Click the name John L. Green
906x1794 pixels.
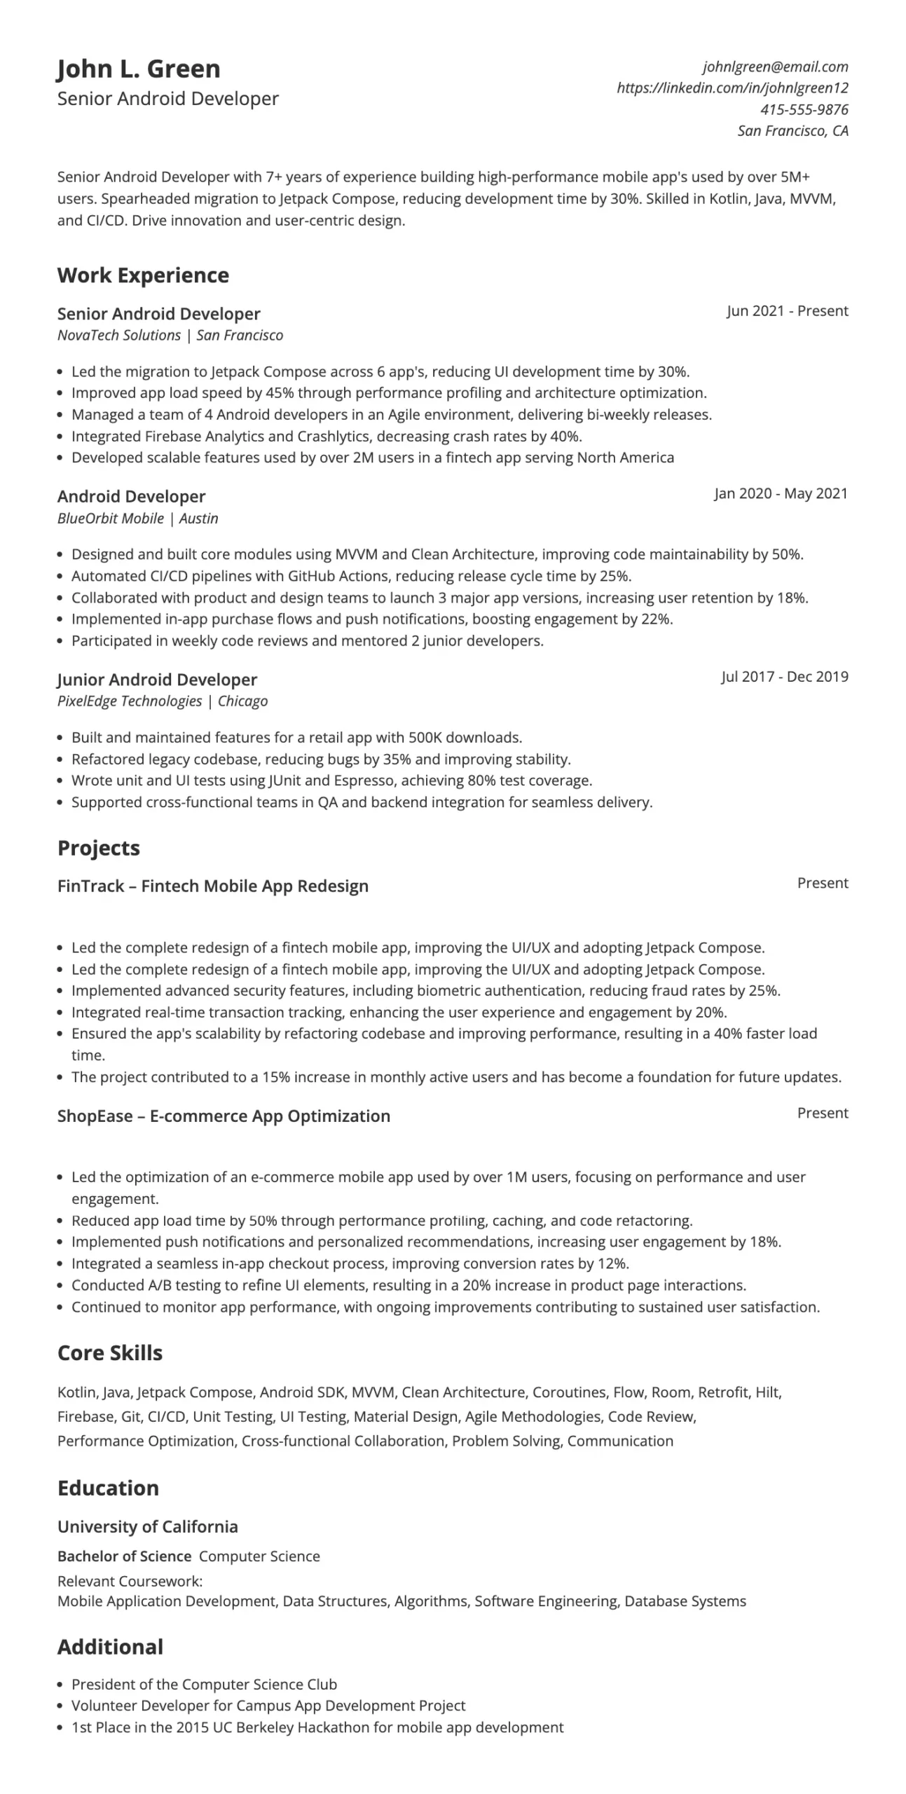[x=139, y=69]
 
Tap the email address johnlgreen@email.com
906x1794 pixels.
[x=775, y=67]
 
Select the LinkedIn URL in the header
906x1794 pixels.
[x=732, y=88]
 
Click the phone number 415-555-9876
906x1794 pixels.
[x=804, y=109]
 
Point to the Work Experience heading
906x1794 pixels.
[x=143, y=275]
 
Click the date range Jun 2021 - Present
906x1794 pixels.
[x=787, y=311]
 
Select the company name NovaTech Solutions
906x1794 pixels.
[x=119, y=336]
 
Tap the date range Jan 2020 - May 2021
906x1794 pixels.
[x=781, y=494]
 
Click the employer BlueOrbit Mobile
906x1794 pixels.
[x=111, y=519]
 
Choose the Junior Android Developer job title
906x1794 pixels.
[x=157, y=680]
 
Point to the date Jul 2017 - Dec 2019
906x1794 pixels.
[x=784, y=677]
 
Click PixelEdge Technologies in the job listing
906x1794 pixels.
[x=130, y=701]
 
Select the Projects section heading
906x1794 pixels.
[x=99, y=848]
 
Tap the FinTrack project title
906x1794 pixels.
[x=212, y=886]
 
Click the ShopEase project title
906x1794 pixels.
[x=224, y=1116]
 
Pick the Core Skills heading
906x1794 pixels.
[x=110, y=1353]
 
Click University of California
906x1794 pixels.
[x=148, y=1527]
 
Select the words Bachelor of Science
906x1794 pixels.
[x=124, y=1556]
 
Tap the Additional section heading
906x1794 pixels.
[x=110, y=1647]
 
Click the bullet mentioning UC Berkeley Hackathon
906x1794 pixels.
[x=317, y=1727]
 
